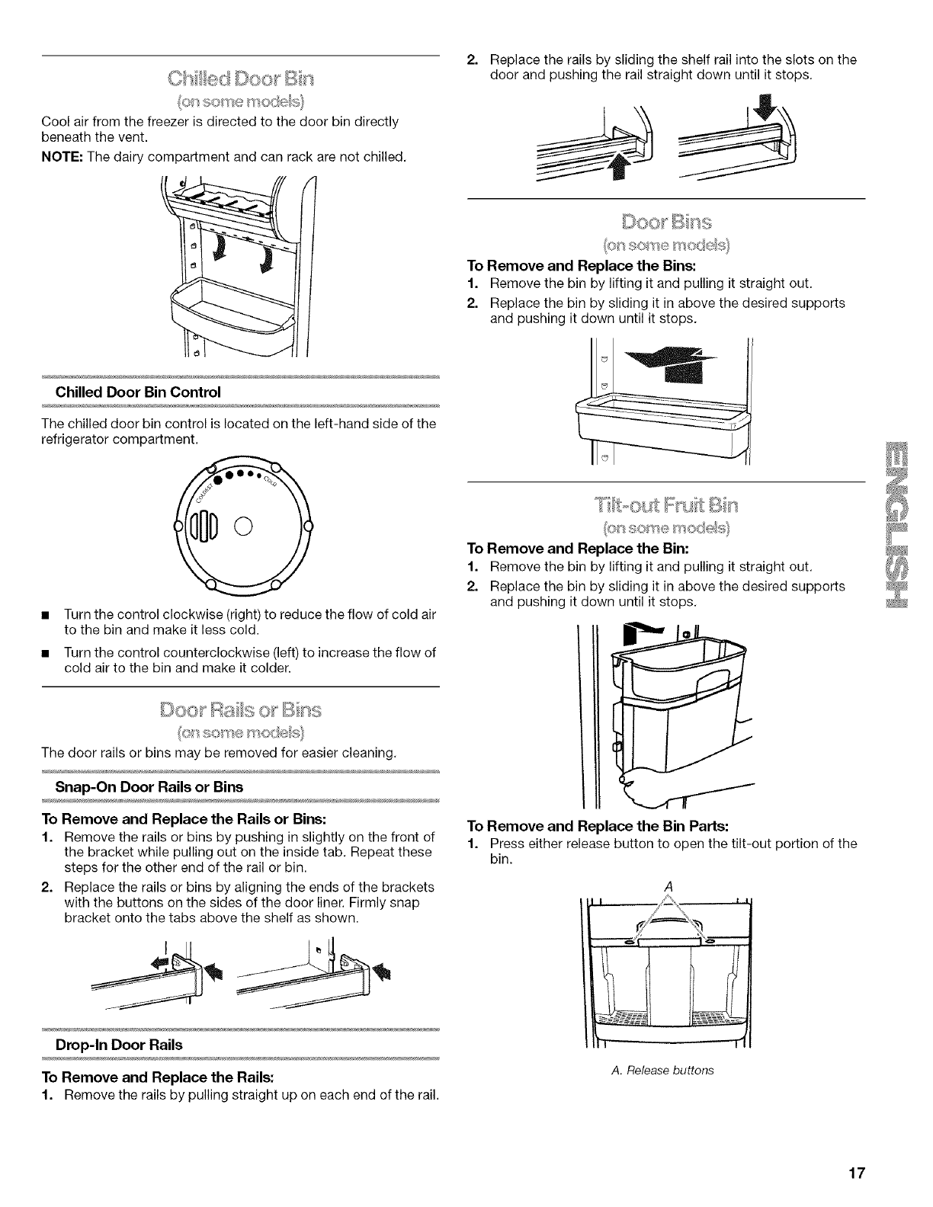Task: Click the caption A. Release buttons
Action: coord(662,1071)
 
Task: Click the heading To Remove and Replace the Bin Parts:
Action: coord(598,828)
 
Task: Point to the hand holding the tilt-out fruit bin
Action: coord(648,790)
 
